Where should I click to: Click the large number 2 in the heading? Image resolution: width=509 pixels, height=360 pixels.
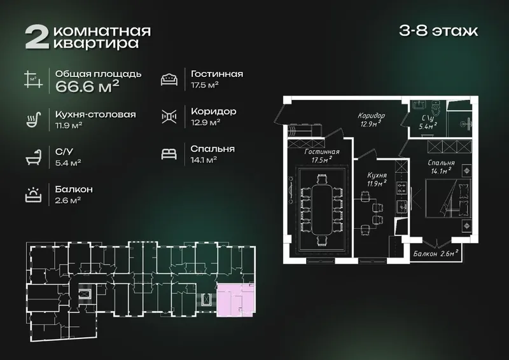pos(37,38)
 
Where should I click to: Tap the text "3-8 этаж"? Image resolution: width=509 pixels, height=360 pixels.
pos(438,31)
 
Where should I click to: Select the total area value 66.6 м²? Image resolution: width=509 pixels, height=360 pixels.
pos(87,87)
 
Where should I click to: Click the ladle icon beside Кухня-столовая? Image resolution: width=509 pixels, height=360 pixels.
pos(34,120)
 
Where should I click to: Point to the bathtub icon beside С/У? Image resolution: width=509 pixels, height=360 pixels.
pos(34,157)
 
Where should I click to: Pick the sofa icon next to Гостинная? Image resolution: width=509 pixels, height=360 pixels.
pos(169,80)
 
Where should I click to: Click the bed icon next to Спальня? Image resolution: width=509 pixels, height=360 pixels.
pos(169,154)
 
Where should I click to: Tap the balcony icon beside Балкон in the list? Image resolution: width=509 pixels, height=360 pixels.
pos(34,195)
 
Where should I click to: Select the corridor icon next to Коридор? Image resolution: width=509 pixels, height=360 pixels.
pos(169,116)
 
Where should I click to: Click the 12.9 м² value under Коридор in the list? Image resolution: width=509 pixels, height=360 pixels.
pos(206,122)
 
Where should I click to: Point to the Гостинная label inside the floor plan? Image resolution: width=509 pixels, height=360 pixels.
pos(322,152)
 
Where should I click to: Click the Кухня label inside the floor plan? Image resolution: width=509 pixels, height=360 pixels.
pos(377,176)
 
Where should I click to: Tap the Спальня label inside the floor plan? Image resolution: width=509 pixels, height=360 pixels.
pos(441,163)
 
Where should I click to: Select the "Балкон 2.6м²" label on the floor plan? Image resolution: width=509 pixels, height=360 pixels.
pos(436,253)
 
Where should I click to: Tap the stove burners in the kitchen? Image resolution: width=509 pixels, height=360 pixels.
pos(401,188)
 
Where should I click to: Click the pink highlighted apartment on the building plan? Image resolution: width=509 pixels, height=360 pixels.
pos(236,300)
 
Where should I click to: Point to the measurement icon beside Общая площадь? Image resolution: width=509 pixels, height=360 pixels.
pos(34,80)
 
